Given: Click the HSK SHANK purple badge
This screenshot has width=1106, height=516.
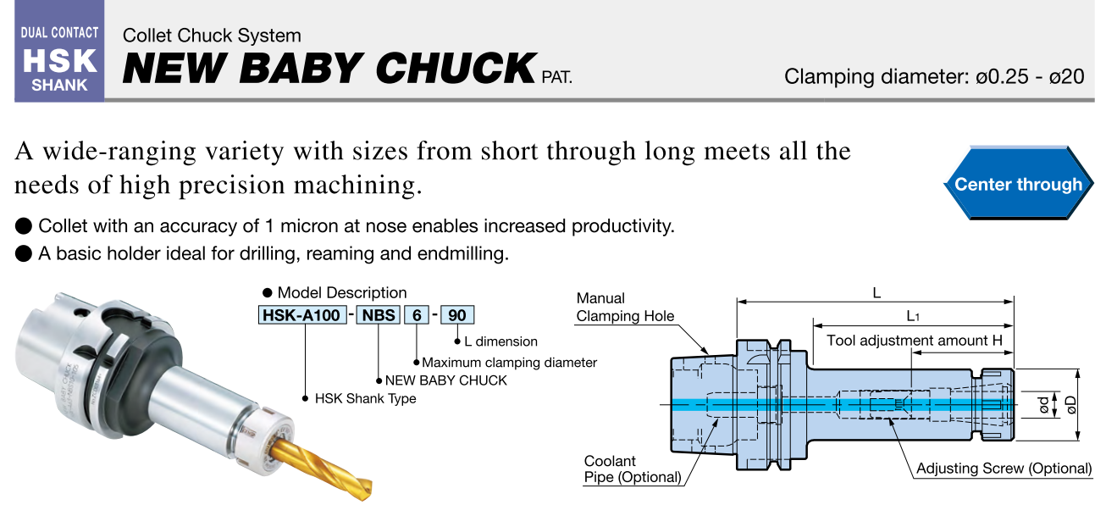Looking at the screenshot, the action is coord(59,51).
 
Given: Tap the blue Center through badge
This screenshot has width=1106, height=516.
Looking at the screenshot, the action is coord(1018,184).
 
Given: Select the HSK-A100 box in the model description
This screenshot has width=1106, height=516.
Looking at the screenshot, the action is coord(301,315).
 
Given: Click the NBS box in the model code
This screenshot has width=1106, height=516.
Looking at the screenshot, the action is coord(379,315).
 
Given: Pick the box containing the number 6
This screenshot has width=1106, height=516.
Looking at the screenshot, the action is coord(417,315).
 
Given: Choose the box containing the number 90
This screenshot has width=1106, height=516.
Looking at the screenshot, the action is coord(457,315).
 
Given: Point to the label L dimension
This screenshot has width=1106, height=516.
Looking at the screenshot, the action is coord(500,341).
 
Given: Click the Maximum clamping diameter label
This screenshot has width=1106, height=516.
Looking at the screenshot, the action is coord(510,363).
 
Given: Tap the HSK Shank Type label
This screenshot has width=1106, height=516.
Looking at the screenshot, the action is coord(365,398).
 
